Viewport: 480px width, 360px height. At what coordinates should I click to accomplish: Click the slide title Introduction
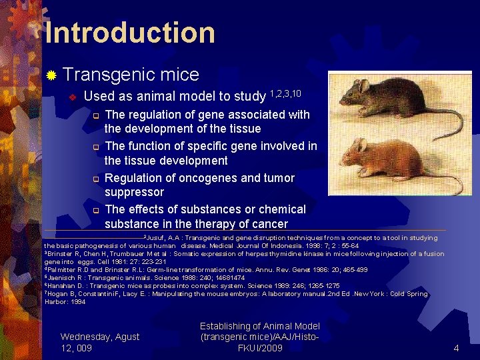click(x=130, y=33)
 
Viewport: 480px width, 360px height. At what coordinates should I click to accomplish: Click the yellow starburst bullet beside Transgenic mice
click(x=51, y=75)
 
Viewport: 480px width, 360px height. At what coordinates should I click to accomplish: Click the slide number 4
click(x=456, y=348)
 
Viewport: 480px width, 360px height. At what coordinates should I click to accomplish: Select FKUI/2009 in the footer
click(x=260, y=348)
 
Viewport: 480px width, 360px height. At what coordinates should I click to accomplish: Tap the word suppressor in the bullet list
click(x=134, y=192)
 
